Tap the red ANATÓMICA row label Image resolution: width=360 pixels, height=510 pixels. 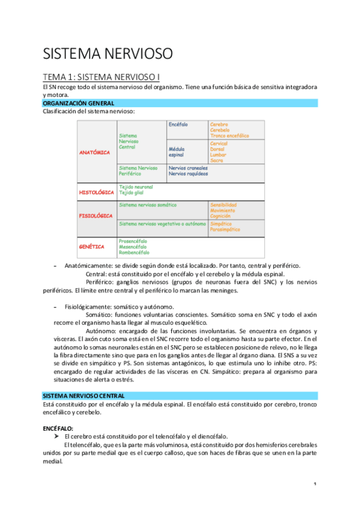point(95,152)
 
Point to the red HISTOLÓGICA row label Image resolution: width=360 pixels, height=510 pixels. point(96,192)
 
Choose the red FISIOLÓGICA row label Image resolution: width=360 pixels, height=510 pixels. point(96,215)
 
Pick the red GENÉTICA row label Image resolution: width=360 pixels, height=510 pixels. point(92,247)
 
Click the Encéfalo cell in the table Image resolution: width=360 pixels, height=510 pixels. point(178,124)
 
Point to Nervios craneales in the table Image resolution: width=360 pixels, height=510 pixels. point(188,168)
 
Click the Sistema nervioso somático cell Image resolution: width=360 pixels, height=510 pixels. point(148,205)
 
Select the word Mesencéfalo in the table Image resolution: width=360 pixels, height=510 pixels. point(134,247)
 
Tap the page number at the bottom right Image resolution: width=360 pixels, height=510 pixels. point(315,484)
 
